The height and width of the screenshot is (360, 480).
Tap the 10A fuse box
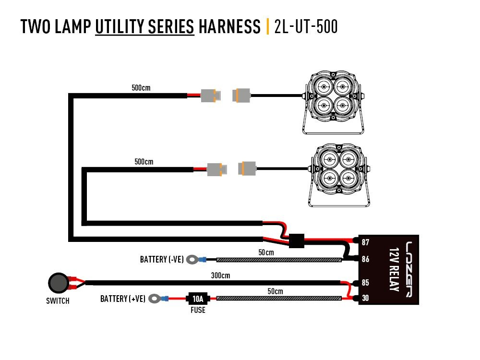click(x=197, y=299)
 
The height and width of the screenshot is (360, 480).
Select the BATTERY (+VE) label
click(x=123, y=299)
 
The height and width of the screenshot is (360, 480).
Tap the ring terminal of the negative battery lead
click(x=192, y=260)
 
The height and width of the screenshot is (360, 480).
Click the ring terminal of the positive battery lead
click(x=155, y=299)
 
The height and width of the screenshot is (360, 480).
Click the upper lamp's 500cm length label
click(x=141, y=88)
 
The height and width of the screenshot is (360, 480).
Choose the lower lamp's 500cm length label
click(x=144, y=162)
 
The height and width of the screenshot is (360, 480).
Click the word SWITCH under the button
click(x=58, y=301)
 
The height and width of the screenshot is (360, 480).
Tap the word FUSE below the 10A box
click(x=197, y=310)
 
